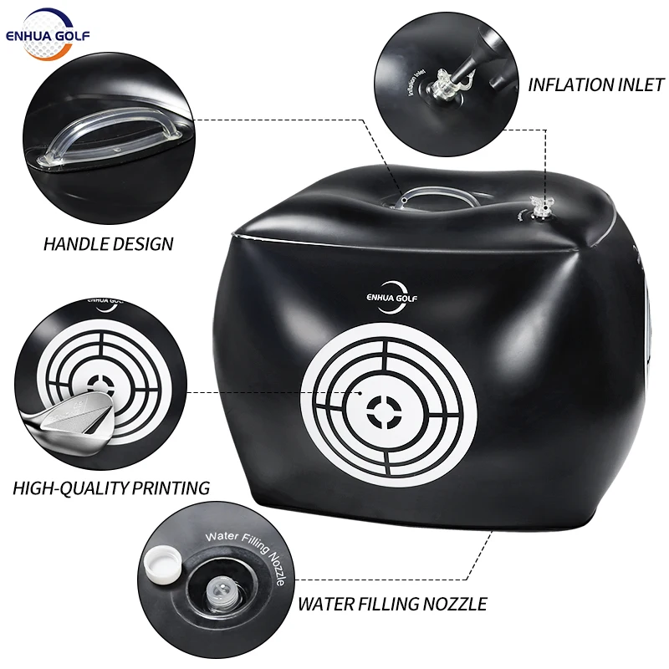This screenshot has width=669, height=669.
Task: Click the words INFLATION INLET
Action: click(595, 84)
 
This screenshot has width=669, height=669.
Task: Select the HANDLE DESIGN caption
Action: click(109, 244)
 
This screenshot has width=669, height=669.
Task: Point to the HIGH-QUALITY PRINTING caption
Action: click(110, 487)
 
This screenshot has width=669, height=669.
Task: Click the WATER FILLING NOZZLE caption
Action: click(392, 602)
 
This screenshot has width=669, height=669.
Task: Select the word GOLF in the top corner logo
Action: click(74, 34)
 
